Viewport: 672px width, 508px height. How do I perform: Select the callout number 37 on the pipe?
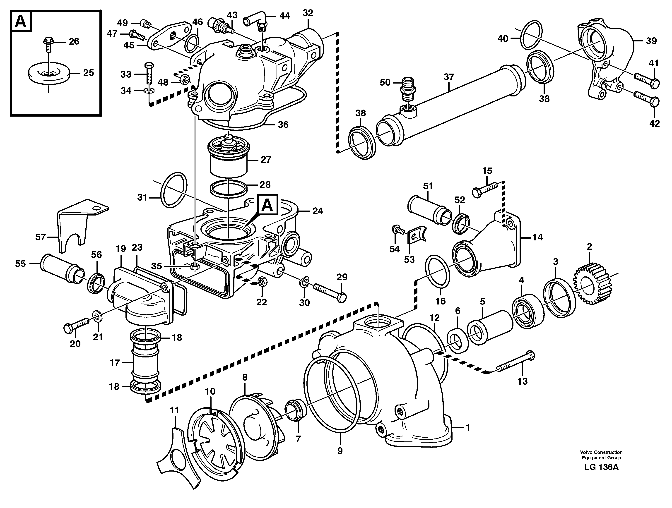click(448, 77)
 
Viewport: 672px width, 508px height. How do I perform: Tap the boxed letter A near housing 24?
click(267, 205)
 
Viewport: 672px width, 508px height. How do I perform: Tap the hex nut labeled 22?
click(262, 282)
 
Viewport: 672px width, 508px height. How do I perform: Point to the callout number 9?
click(340, 451)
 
